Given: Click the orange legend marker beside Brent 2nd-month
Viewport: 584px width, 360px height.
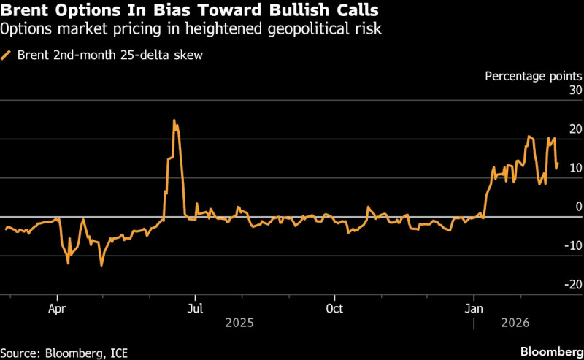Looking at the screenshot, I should (x=7, y=54).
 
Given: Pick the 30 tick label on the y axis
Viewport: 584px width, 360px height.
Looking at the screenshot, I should (x=575, y=91).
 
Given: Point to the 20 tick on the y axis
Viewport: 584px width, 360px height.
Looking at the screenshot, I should (x=575, y=129).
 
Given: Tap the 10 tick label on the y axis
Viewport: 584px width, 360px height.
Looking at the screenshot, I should (x=575, y=168).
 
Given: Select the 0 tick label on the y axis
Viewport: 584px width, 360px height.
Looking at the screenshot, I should (x=577, y=207).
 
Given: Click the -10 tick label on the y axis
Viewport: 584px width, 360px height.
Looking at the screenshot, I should (x=572, y=246).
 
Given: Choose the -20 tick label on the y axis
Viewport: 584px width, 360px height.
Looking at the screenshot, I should (x=572, y=285).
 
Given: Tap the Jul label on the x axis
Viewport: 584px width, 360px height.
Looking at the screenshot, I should (x=195, y=308).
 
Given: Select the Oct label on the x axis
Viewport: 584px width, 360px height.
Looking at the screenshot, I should (x=334, y=308).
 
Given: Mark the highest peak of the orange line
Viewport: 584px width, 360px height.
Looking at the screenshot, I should (x=174, y=120).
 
